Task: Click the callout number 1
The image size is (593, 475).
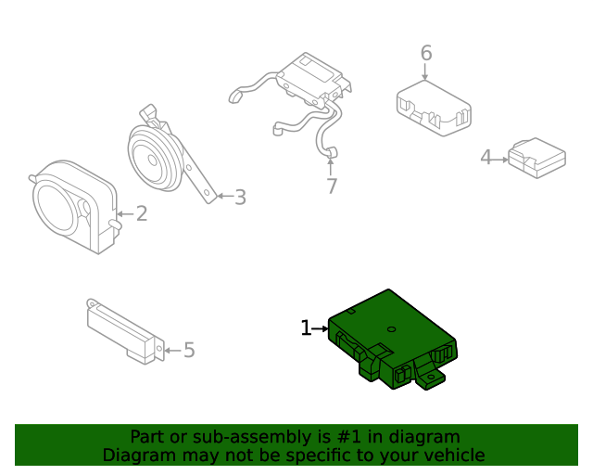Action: tap(306, 328)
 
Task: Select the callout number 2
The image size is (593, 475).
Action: tap(142, 214)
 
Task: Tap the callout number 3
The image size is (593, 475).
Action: tap(240, 197)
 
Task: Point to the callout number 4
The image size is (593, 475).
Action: tap(486, 159)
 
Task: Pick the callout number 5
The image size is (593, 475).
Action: tap(189, 350)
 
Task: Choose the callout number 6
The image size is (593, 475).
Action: tap(425, 53)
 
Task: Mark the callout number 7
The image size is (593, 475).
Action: tap(331, 186)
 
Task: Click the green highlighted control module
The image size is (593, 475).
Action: tap(389, 334)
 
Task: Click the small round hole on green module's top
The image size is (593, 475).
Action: tap(392, 328)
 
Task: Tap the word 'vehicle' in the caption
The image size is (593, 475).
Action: tap(453, 456)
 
